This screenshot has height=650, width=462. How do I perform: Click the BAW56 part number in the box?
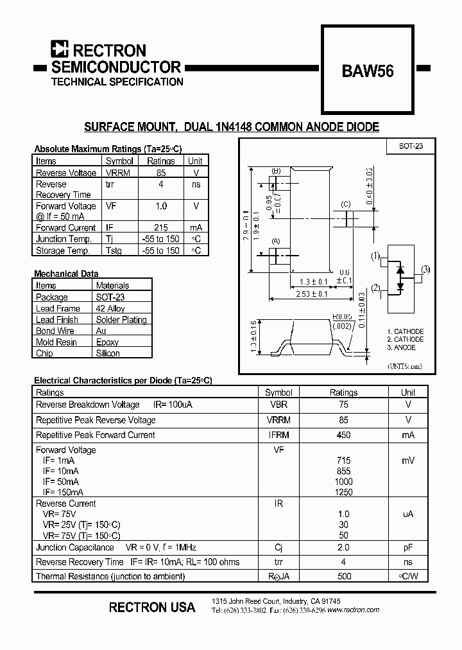tap(368, 72)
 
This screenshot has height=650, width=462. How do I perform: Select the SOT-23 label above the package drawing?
tap(411, 146)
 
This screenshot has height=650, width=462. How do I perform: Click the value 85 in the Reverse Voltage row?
tap(160, 173)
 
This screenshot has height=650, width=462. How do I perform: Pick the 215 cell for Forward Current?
tap(160, 227)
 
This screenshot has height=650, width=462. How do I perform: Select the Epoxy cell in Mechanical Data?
tap(108, 342)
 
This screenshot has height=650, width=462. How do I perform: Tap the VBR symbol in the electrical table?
tap(278, 405)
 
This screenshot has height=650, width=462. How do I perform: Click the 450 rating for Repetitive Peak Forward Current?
tap(343, 435)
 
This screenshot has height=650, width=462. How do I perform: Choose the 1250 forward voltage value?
tap(343, 492)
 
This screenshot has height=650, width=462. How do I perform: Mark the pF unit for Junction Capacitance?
tap(408, 547)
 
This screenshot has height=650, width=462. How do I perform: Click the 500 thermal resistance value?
tap(343, 576)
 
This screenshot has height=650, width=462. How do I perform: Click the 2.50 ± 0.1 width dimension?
tap(312, 294)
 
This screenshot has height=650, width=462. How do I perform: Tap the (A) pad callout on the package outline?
tap(276, 241)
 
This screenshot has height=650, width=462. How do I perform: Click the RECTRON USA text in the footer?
tap(152, 607)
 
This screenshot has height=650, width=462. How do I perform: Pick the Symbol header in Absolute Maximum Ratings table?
tap(119, 161)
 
